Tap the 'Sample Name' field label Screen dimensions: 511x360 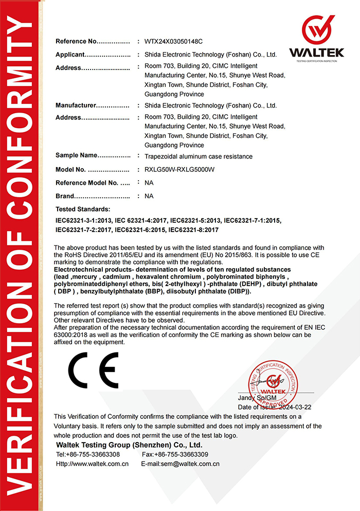(76, 155)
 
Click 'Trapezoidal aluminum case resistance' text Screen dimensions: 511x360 (199, 156)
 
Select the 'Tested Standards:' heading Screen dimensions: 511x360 (83, 209)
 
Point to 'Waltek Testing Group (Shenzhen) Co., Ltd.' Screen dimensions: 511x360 (129, 445)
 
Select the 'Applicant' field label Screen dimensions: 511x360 (69, 55)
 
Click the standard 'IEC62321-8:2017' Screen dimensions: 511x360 (194, 230)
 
